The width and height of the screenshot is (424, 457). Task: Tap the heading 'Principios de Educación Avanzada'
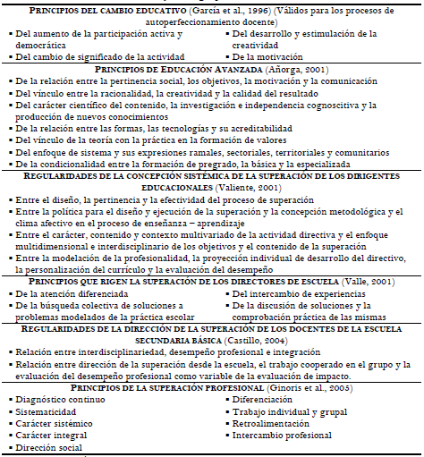pyautogui.click(x=188, y=69)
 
